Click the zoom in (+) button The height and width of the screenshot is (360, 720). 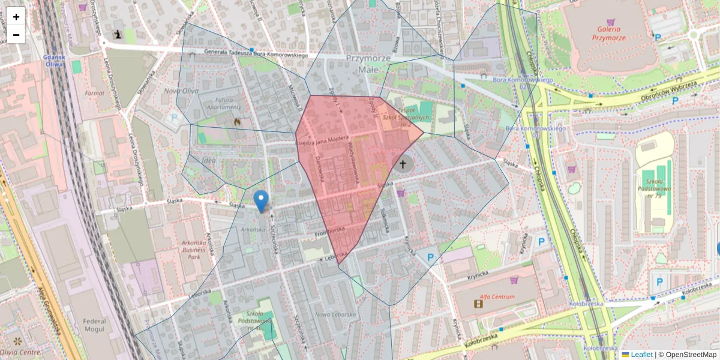pos(16,17)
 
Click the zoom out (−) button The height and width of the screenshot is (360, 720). pos(16,35)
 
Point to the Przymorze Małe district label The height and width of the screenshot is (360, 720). pos(368,64)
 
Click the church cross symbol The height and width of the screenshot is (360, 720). pos(403,164)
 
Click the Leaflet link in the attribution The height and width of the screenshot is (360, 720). pos(641,355)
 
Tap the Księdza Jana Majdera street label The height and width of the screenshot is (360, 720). pos(322,140)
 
